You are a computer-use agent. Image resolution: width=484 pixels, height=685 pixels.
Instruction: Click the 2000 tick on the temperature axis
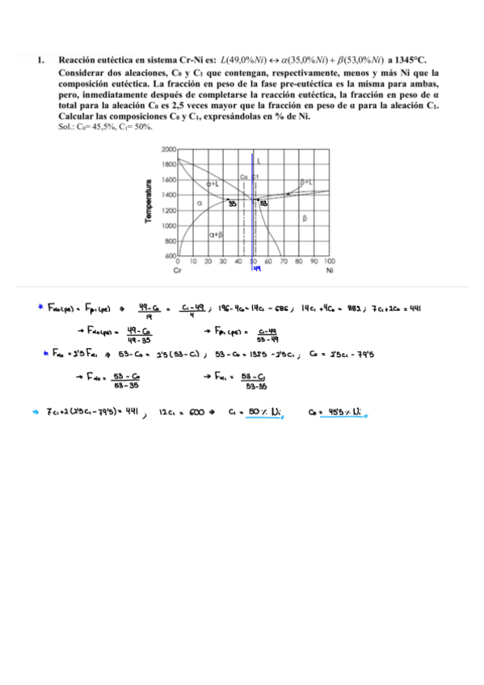point(170,150)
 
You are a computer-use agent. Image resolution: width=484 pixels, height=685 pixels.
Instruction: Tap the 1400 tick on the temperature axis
point(170,195)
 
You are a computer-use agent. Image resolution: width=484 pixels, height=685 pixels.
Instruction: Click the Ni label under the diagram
point(330,271)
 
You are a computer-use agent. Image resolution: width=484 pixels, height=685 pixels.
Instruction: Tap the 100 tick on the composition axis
point(330,262)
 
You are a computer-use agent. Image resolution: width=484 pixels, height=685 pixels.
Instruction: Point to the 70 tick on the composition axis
point(284,262)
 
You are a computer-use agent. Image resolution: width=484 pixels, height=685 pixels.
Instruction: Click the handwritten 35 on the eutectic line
point(233,204)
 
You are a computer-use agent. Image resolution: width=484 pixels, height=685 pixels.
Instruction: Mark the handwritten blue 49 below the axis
point(256,271)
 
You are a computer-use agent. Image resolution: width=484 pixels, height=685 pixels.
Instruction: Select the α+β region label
point(216,234)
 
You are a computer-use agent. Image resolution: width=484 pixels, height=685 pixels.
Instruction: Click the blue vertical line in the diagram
point(255,226)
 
